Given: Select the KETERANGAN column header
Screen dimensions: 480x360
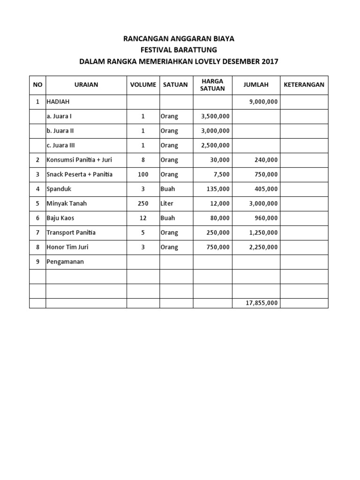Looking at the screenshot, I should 304,85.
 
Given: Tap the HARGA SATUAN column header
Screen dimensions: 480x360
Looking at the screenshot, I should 212,85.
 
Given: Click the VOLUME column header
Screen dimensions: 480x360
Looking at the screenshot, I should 143,85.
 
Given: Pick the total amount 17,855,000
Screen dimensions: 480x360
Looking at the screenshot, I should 262,303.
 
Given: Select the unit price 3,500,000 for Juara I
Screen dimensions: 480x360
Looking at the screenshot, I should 215,116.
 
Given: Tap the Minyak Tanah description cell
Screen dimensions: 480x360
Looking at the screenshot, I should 66,203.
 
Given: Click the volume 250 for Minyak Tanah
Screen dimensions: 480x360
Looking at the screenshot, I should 143,203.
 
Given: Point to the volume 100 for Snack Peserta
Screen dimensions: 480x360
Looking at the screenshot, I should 143,174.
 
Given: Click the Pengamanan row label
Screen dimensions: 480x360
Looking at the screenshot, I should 65,262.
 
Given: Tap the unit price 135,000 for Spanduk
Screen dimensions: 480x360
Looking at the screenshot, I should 218,189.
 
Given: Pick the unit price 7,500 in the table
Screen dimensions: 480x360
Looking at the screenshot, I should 221,174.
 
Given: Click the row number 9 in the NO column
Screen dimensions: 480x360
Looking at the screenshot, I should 37,262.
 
